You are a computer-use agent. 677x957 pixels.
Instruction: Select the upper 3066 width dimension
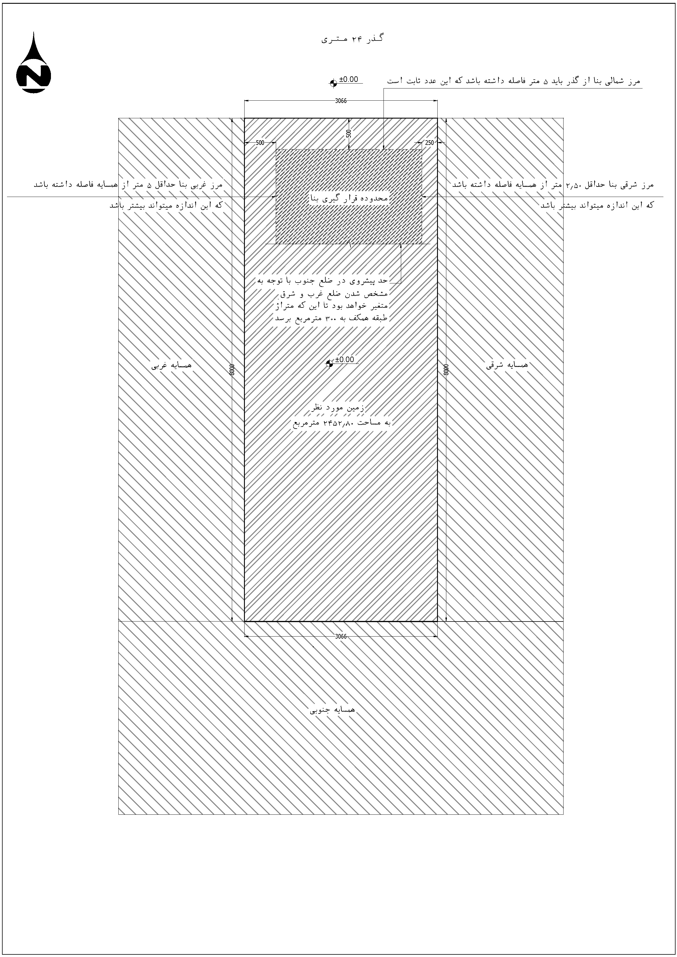click(341, 100)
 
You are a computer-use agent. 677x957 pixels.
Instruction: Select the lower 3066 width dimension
click(341, 637)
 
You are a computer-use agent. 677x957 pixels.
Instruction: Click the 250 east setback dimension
click(429, 143)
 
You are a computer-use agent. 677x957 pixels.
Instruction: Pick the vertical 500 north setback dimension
click(349, 133)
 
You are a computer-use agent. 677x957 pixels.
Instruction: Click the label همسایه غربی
click(171, 365)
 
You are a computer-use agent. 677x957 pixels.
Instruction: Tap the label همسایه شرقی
click(507, 365)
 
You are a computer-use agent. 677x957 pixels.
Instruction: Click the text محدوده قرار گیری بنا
click(349, 198)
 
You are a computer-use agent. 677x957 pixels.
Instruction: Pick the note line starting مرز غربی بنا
click(128, 184)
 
